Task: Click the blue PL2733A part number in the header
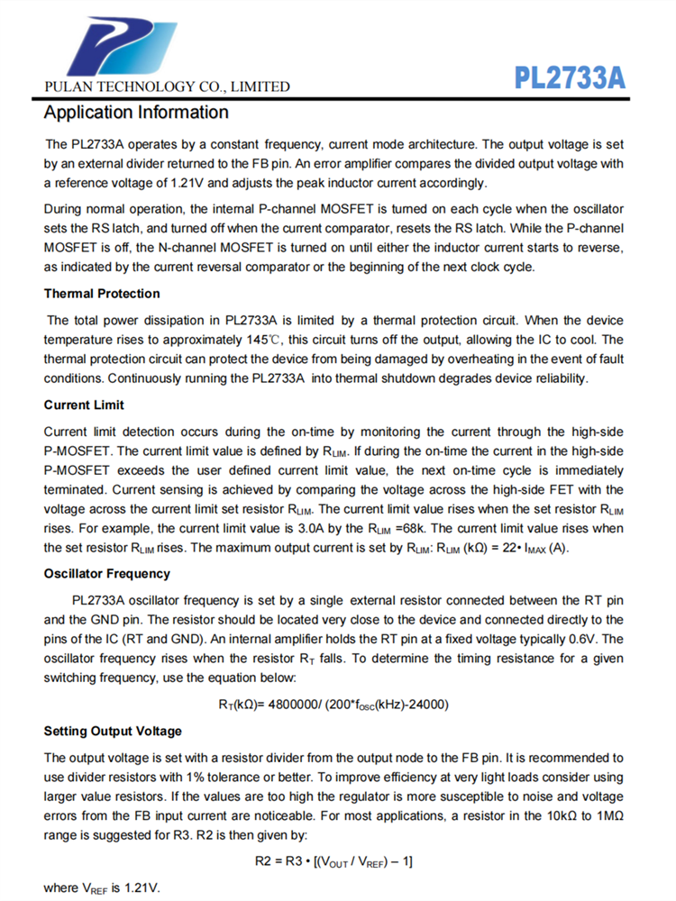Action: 570,77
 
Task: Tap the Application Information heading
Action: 136,114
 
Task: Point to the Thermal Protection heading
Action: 102,294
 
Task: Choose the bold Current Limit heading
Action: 84,405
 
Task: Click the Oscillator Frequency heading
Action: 106,574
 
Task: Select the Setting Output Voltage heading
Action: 113,731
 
